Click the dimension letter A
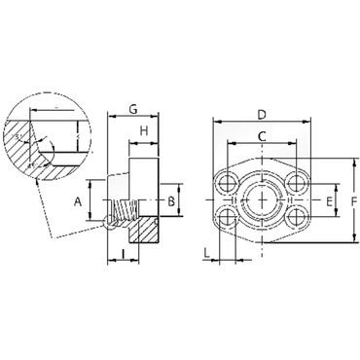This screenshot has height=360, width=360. click(79, 201)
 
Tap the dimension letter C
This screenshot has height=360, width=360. click(262, 136)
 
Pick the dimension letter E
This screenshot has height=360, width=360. click(329, 201)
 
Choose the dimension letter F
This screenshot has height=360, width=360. click(353, 201)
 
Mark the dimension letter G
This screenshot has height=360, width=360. click(132, 109)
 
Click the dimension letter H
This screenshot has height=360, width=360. click(143, 130)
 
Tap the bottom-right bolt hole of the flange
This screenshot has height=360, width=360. click(297, 218)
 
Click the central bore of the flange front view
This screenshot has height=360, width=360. click(262, 200)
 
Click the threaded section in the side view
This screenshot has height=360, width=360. click(121, 208)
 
